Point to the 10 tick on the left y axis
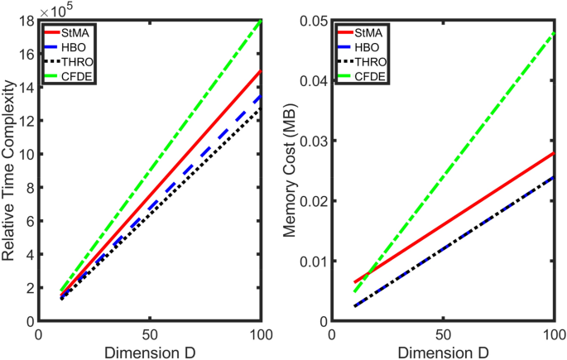click(x=26, y=154)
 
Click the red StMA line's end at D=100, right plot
click(x=553, y=153)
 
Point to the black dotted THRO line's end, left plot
click(x=261, y=108)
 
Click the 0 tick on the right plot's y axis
click(x=322, y=321)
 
